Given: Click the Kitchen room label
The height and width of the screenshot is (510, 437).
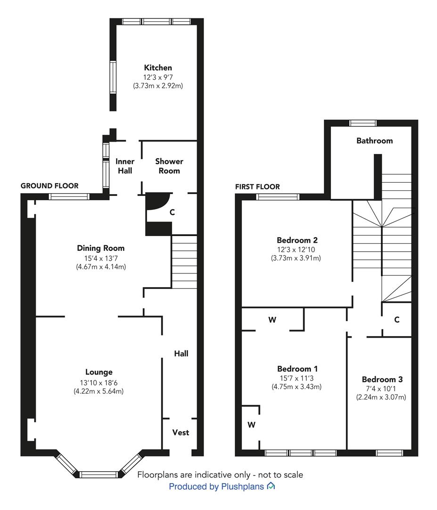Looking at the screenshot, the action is pyautogui.click(x=158, y=68).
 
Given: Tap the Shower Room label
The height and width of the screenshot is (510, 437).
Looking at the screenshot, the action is pyautogui.click(x=169, y=166).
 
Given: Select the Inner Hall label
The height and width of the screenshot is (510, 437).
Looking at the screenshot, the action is pyautogui.click(x=125, y=166).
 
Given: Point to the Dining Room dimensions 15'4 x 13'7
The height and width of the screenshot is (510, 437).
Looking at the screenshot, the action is pyautogui.click(x=100, y=259).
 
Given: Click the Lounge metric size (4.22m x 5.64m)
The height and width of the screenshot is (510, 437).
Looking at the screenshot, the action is pyautogui.click(x=99, y=391).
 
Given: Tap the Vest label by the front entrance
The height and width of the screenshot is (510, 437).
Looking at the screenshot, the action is pyautogui.click(x=181, y=432).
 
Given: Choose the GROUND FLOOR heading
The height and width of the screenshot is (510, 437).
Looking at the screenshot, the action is pyautogui.click(x=49, y=186).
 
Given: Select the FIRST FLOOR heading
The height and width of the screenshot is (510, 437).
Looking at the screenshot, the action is pyautogui.click(x=257, y=187).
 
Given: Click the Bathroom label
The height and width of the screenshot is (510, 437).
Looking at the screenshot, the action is pyautogui.click(x=375, y=141).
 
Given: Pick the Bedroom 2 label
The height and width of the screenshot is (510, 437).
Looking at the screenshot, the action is pyautogui.click(x=297, y=240).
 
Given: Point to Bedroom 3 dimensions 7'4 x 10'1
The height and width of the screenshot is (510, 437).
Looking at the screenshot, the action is pyautogui.click(x=381, y=389).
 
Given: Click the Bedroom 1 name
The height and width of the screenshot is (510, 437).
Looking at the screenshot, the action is pyautogui.click(x=297, y=368).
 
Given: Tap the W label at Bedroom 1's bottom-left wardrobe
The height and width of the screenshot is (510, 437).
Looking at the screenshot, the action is pyautogui.click(x=252, y=425).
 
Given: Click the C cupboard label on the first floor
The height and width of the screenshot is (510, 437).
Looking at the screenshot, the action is pyautogui.click(x=397, y=320).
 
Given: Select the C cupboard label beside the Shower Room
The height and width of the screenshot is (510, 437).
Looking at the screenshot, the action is pyautogui.click(x=172, y=212).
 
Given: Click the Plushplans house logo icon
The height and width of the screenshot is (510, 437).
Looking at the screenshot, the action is pyautogui.click(x=271, y=486).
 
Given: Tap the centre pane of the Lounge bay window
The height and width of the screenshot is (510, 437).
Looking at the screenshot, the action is pyautogui.click(x=99, y=475).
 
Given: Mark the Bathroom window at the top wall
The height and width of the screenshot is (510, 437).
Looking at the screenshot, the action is pyautogui.click(x=363, y=123).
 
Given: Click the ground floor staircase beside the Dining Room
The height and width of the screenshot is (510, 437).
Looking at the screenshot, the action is pyautogui.click(x=184, y=262).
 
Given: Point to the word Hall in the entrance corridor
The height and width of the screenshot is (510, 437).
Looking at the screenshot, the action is pyautogui.click(x=181, y=354).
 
